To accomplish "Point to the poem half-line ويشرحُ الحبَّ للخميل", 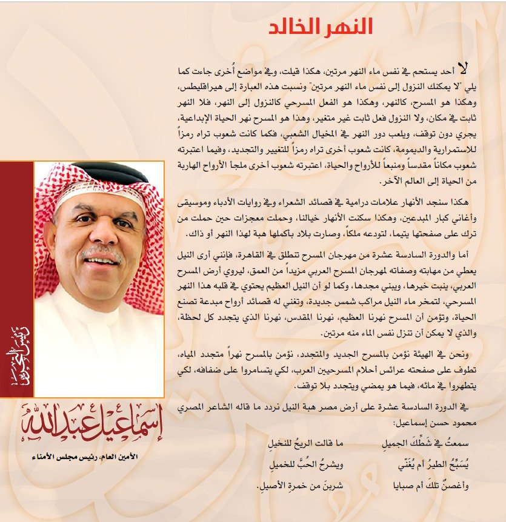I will pyautogui.click(x=302, y=466).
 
